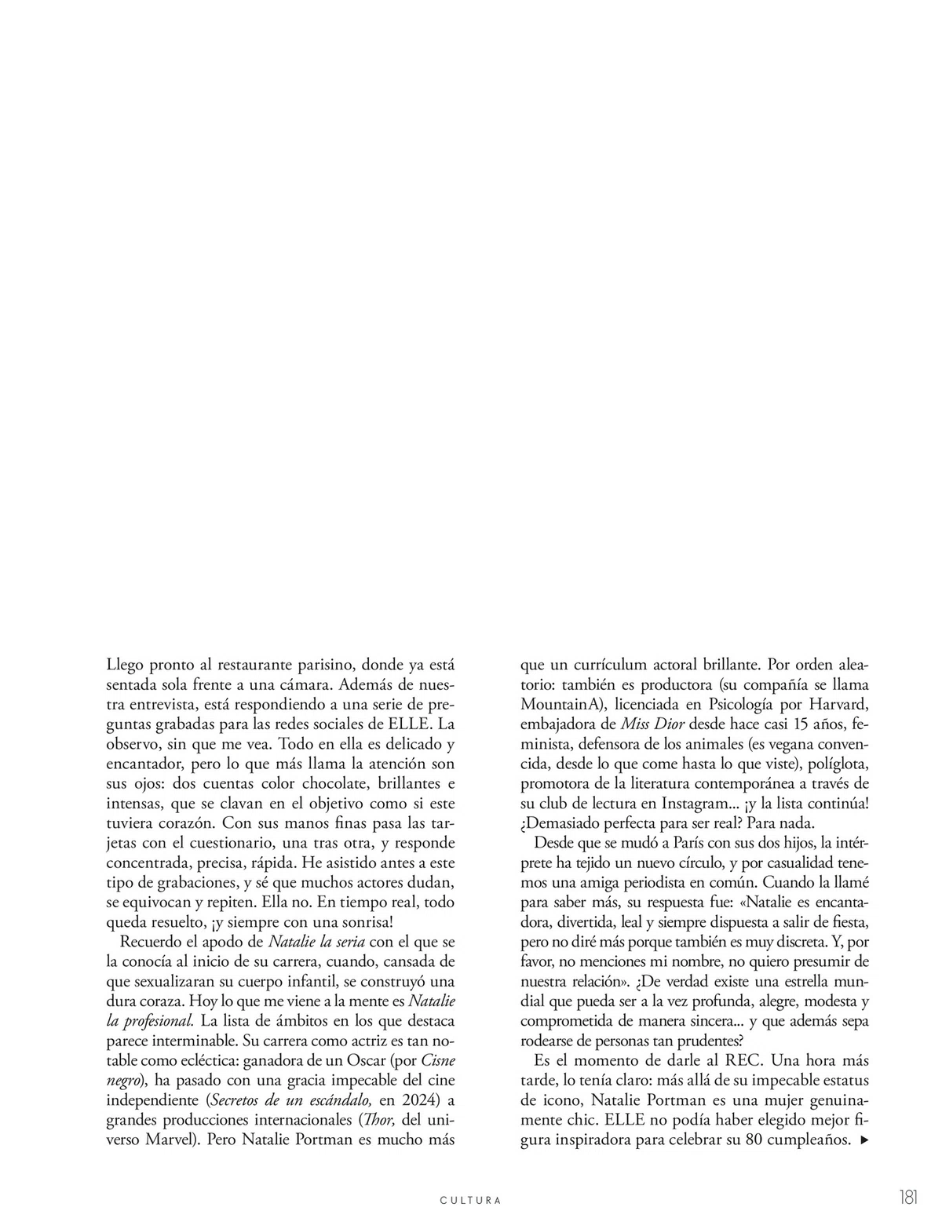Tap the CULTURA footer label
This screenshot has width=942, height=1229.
click(x=471, y=1200)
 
